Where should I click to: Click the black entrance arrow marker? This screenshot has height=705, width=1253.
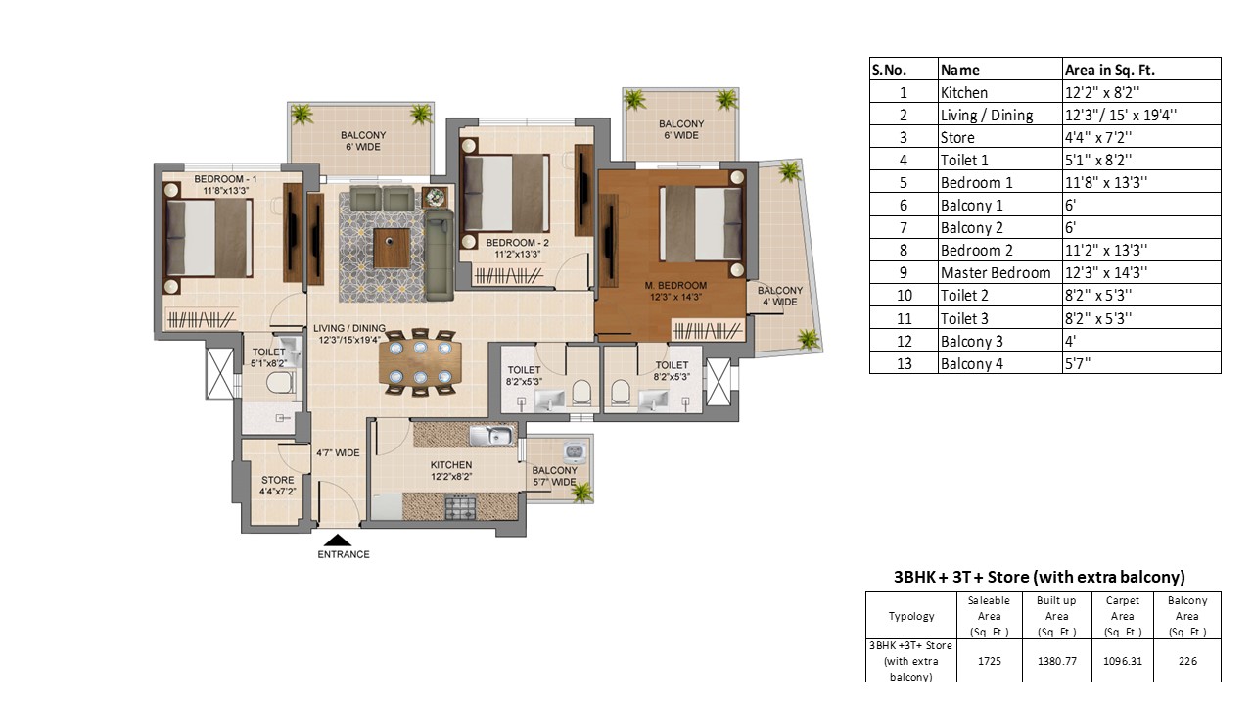pyautogui.click(x=338, y=540)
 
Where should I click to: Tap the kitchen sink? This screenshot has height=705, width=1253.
pyautogui.click(x=490, y=436)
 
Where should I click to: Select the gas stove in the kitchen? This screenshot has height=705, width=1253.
pyautogui.click(x=460, y=507)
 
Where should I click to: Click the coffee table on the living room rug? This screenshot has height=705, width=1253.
pyautogui.click(x=392, y=248)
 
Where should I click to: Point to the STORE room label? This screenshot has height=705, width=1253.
pyautogui.click(x=277, y=480)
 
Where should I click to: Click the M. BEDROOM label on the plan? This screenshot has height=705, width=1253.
pyautogui.click(x=675, y=285)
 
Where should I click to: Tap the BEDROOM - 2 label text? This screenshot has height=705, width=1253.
pyautogui.click(x=518, y=243)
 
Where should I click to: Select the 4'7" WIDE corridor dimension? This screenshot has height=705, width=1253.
pyautogui.click(x=338, y=453)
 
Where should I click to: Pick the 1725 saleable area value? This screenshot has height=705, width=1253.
pyautogui.click(x=989, y=661)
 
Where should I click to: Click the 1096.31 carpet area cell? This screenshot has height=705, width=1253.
pyautogui.click(x=1122, y=661)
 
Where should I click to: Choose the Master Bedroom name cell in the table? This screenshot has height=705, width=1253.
pyautogui.click(x=996, y=273)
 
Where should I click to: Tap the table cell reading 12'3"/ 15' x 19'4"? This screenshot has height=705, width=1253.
pyautogui.click(x=1121, y=115)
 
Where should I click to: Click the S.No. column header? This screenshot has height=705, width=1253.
pyautogui.click(x=890, y=70)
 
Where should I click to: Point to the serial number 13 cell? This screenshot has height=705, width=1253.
pyautogui.click(x=904, y=363)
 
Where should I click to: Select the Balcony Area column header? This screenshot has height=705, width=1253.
pyautogui.click(x=1187, y=616)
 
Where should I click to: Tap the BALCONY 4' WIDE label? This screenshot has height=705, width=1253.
pyautogui.click(x=780, y=296)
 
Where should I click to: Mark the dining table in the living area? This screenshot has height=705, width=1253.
pyautogui.click(x=421, y=362)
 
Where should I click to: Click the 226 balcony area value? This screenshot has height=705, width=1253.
pyautogui.click(x=1187, y=661)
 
